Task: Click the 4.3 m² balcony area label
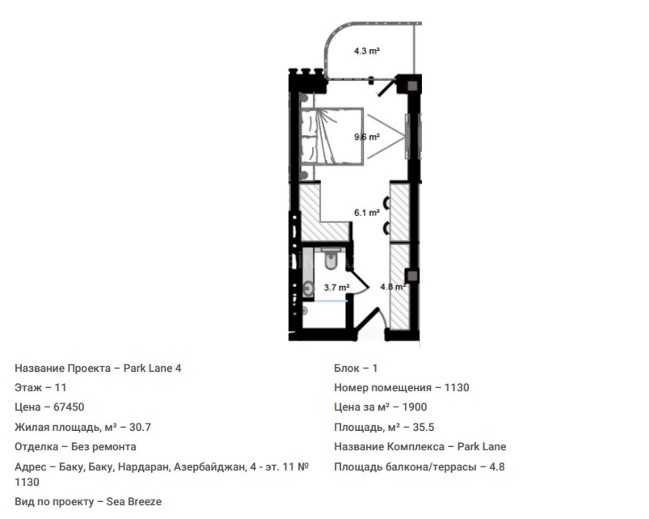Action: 367,51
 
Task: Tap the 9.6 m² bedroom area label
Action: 367,137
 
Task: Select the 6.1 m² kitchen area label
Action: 367,213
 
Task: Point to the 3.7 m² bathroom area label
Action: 336,287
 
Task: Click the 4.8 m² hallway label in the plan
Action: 393,287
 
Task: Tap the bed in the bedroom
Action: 332,136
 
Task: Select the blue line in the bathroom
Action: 331,301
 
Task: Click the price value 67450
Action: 69,407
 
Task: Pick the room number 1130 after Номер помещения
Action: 457,388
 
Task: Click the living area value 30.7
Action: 140,427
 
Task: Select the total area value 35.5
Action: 423,427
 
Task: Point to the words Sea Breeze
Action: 134,502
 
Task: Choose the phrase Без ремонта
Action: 103,447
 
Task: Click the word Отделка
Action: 36,447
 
